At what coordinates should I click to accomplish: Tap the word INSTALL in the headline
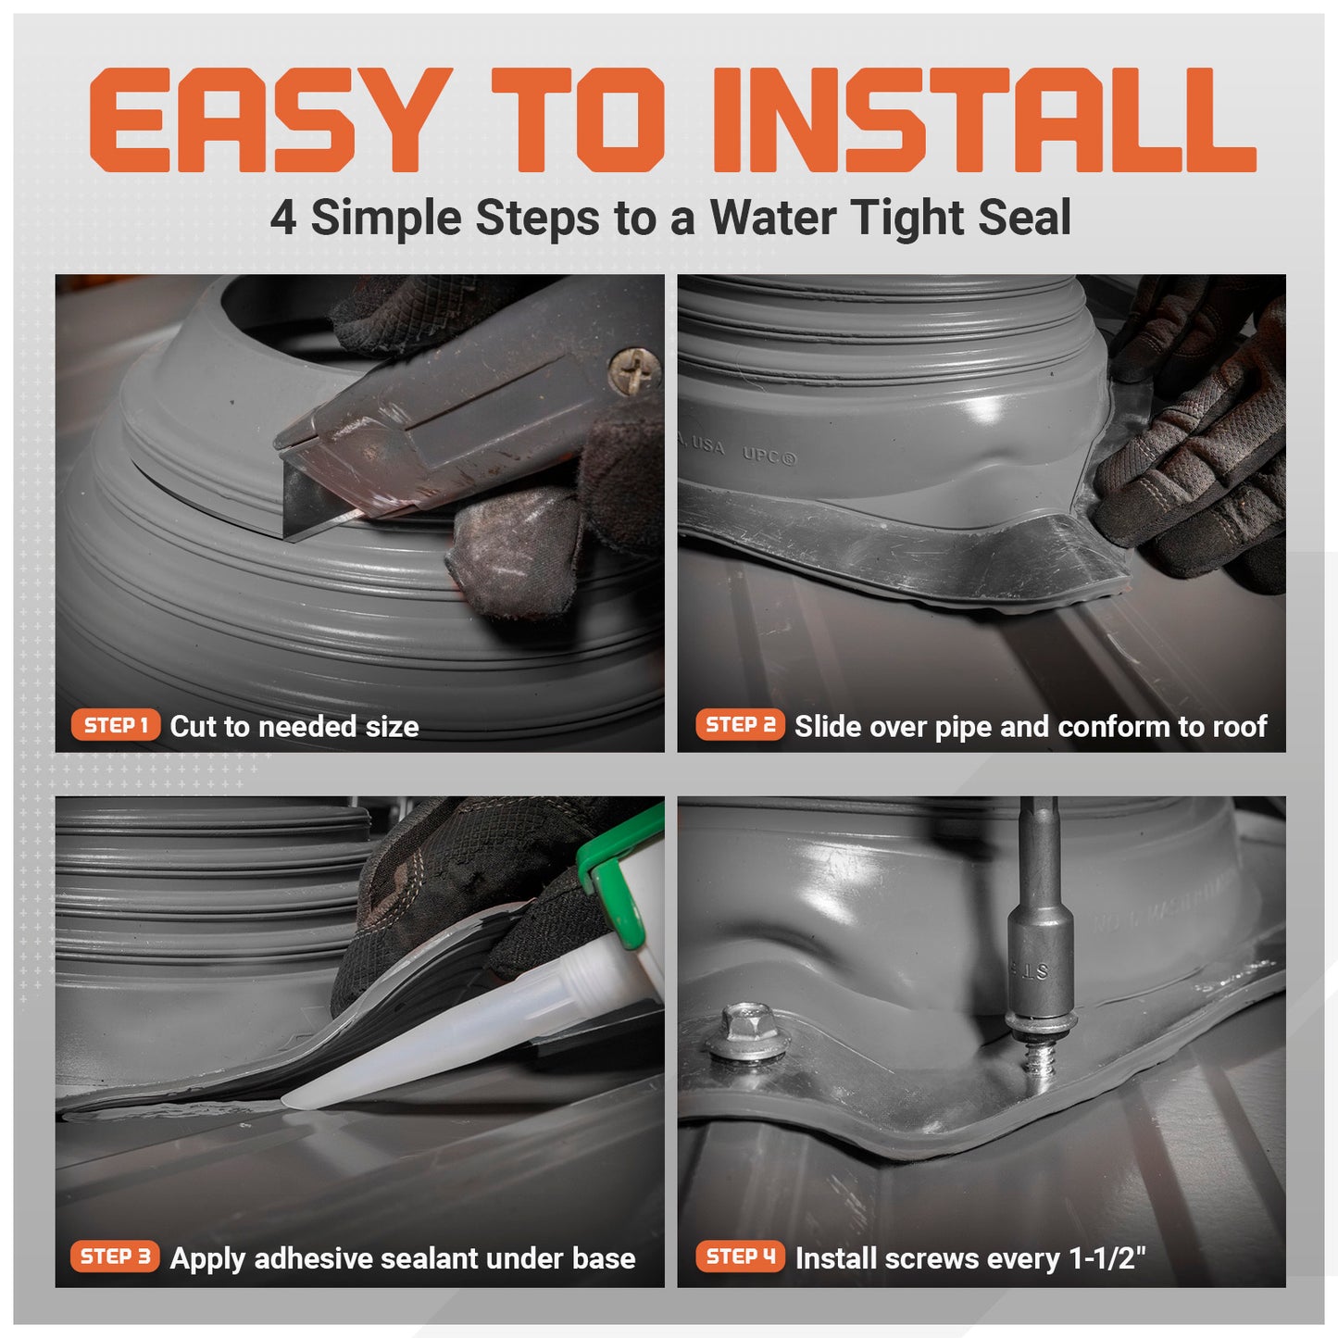point(982,120)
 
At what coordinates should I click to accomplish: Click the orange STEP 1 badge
point(116,725)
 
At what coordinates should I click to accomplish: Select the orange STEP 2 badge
point(740,725)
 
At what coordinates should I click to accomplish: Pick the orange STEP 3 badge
point(115,1257)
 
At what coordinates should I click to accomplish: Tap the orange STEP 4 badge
point(740,1257)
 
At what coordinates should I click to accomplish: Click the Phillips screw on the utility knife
point(635,369)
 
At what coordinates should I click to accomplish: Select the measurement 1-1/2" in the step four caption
point(1107,1258)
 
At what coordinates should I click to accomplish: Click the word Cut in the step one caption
point(192,727)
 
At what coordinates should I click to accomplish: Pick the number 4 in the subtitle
point(283,219)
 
